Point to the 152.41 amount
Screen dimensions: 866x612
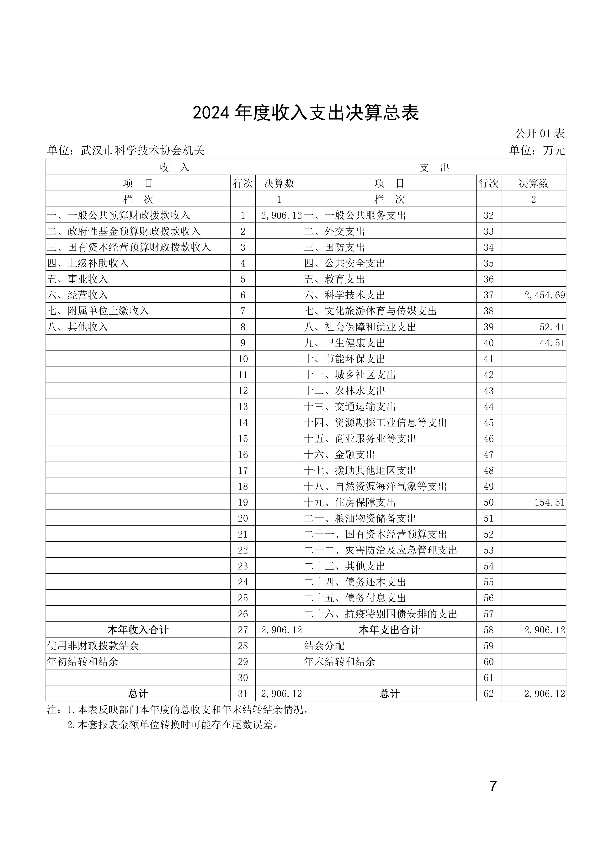point(549,327)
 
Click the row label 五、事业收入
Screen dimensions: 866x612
point(78,279)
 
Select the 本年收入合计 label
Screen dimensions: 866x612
point(138,630)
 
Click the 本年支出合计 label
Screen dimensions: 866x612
point(389,630)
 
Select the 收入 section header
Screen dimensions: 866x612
point(174,167)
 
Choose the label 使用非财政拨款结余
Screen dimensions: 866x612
point(93,646)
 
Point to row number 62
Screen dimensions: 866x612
point(488,694)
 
